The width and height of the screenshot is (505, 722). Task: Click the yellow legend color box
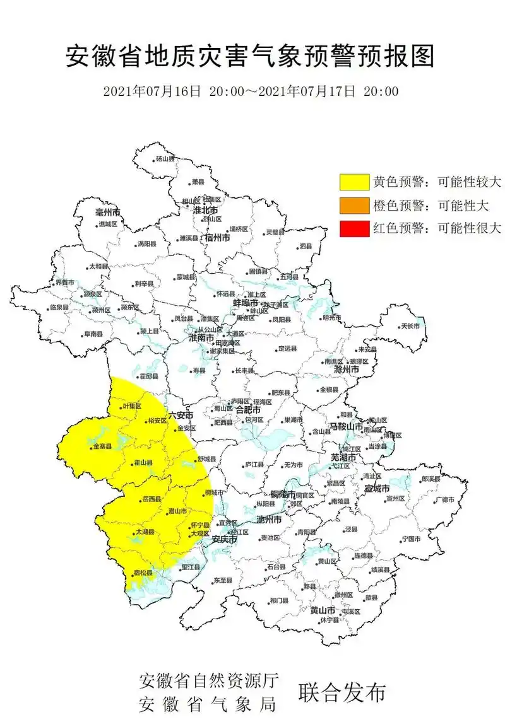click(x=354, y=182)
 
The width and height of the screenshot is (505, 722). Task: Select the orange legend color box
click(x=354, y=206)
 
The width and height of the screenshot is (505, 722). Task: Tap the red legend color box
click(x=354, y=228)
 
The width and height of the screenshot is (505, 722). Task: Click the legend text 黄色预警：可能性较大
click(x=437, y=182)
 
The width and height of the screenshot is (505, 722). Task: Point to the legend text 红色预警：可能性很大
click(x=437, y=228)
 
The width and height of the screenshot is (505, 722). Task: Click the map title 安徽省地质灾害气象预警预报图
click(x=251, y=57)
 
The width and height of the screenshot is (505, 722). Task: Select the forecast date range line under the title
click(x=251, y=91)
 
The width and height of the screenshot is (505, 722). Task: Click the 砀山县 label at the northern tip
click(x=165, y=159)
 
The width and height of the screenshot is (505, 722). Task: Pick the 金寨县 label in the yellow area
click(x=102, y=446)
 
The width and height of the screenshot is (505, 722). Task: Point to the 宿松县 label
click(x=143, y=574)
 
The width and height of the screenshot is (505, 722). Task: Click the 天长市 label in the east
click(x=410, y=326)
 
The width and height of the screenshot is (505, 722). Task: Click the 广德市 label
click(x=444, y=499)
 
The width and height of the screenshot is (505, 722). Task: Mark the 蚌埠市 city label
click(x=246, y=303)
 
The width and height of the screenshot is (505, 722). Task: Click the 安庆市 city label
click(x=224, y=540)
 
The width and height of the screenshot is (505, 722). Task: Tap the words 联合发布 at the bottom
click(x=342, y=692)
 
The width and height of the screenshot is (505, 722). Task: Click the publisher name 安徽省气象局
click(x=208, y=704)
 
